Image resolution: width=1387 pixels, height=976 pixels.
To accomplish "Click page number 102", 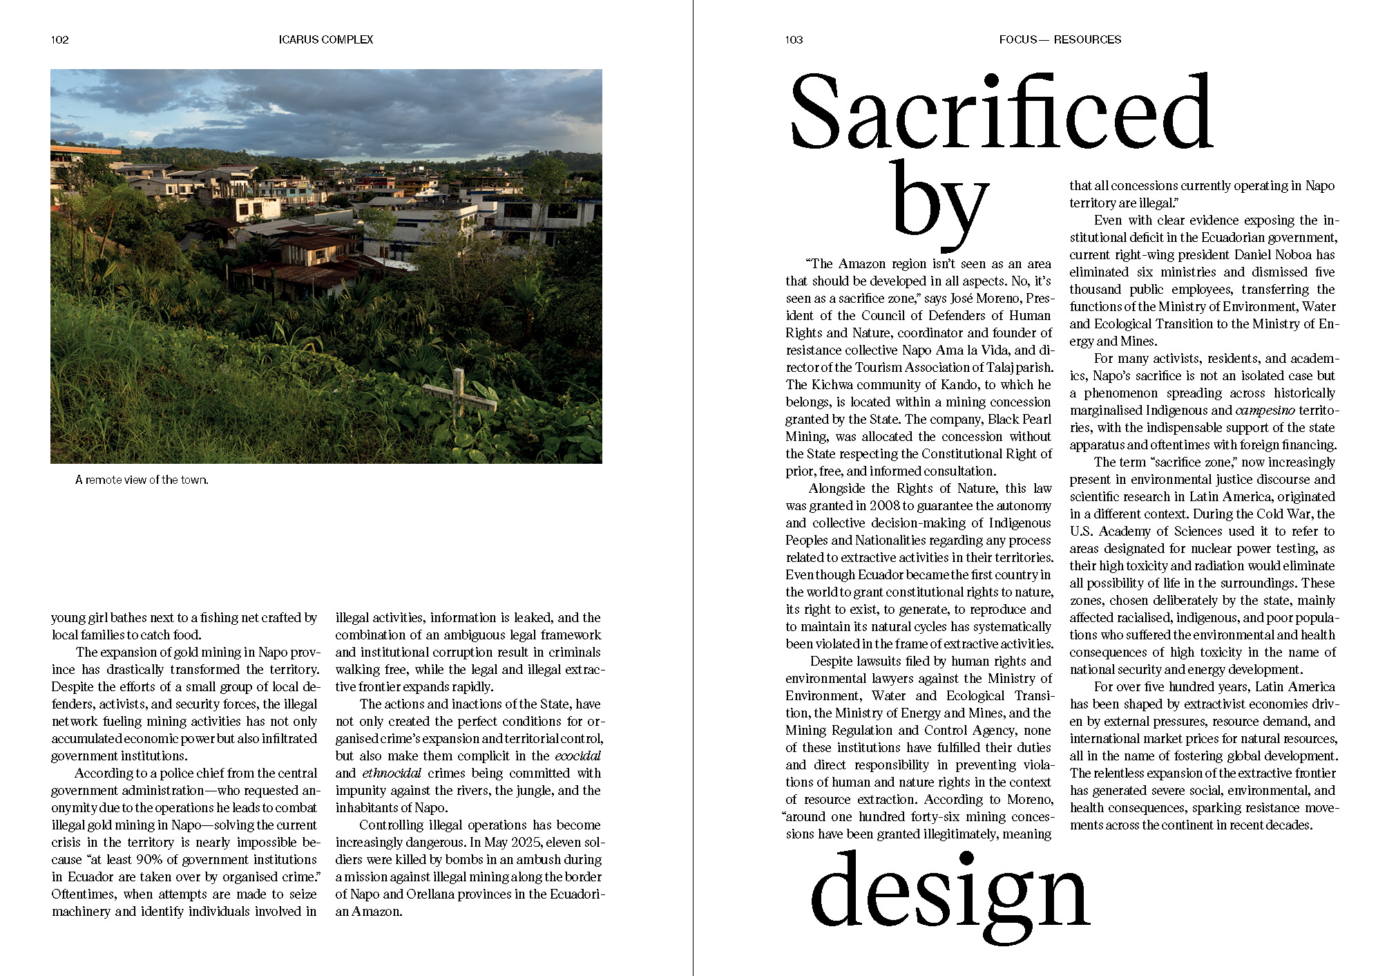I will tap(60, 40).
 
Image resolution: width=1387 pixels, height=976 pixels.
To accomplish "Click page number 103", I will tap(794, 40).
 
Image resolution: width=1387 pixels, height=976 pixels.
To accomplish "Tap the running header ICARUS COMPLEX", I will tap(326, 40).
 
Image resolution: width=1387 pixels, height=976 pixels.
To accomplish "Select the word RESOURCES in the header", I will tap(1087, 40).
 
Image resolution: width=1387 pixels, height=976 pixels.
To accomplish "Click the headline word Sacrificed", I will tap(1001, 114).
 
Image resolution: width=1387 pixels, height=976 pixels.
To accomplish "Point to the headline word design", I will tap(949, 892).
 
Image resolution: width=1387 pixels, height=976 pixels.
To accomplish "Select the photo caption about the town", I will tap(142, 480).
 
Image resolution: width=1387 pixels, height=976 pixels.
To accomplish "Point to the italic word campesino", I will tap(1265, 411).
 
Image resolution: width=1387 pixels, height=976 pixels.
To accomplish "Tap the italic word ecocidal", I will tap(578, 756).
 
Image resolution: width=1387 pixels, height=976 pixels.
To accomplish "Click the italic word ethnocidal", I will tap(392, 773).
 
